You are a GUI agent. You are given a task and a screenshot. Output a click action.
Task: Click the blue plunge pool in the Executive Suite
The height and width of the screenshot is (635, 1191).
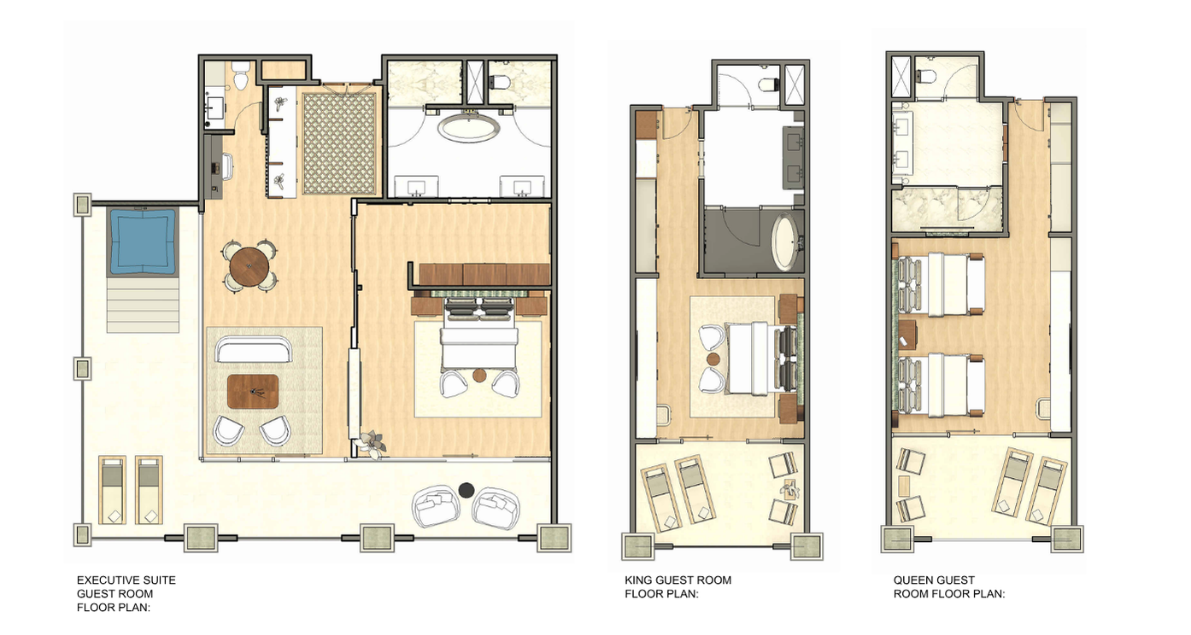coord(142,242)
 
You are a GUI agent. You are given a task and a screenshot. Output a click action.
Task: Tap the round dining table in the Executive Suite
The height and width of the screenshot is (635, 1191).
coord(249,265)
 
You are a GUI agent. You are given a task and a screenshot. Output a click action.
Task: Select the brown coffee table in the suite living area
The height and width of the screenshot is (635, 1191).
coord(253,392)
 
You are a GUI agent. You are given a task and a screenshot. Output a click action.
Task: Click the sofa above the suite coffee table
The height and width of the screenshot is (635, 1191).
coord(254,349)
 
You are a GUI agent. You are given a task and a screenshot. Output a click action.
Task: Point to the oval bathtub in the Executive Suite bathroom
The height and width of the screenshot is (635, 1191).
coord(468,129)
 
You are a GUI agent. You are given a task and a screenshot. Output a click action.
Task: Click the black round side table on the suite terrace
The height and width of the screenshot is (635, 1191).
coord(466,490)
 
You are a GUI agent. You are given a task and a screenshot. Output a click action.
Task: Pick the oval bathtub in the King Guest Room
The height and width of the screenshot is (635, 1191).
coord(784,242)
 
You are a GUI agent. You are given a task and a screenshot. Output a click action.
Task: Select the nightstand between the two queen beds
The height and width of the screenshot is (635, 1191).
coord(907,335)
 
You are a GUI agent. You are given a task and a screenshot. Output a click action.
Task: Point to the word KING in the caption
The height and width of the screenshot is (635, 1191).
coord(637,580)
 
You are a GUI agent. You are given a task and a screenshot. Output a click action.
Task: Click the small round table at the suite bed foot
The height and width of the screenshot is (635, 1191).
coord(479,376)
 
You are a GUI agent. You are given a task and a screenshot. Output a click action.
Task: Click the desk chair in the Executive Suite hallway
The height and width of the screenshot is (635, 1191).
coord(227,166)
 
